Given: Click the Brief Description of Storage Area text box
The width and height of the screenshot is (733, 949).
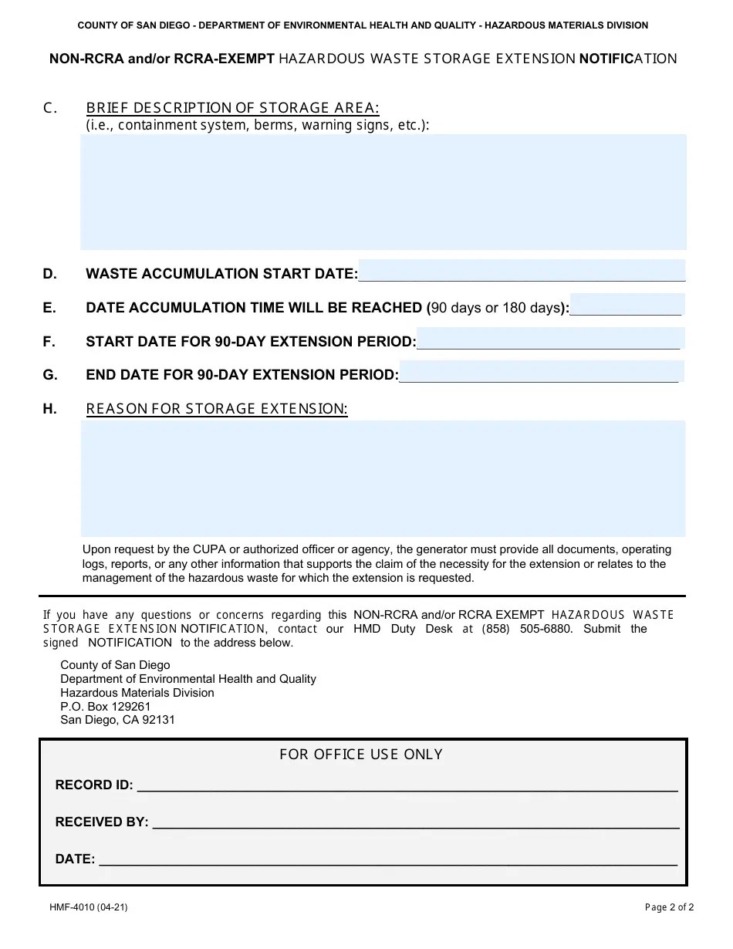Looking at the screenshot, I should pyautogui.click(x=383, y=191).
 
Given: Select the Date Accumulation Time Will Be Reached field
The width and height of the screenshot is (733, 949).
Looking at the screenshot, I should pyautogui.click(x=627, y=305).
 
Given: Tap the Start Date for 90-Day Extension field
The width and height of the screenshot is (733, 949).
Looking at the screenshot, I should pyautogui.click(x=549, y=339).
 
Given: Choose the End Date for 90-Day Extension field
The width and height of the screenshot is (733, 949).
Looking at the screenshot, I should pyautogui.click(x=540, y=372).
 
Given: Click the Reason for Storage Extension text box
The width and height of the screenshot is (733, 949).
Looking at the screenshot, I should pyautogui.click(x=383, y=478).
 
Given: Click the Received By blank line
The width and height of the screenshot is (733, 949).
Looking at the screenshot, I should pyautogui.click(x=415, y=822).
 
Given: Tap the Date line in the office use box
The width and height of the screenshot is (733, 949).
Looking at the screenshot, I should pyautogui.click(x=388, y=860).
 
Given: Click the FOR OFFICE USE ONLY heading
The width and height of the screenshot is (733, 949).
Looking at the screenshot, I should pyautogui.click(x=361, y=755).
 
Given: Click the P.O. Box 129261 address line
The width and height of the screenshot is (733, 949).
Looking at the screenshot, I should pyautogui.click(x=106, y=706).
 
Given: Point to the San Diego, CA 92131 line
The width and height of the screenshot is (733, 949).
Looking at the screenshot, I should pyautogui.click(x=117, y=720).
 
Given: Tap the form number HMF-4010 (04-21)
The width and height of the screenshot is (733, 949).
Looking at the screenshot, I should pyautogui.click(x=89, y=907).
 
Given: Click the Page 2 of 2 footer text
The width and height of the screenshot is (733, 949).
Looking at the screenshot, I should pyautogui.click(x=669, y=907).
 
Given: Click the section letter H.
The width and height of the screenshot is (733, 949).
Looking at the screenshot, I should pyautogui.click(x=50, y=409).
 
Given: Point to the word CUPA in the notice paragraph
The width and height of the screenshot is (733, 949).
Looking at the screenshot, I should pyautogui.click(x=211, y=549).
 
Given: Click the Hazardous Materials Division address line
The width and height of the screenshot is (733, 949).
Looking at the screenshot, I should pyautogui.click(x=137, y=693).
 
